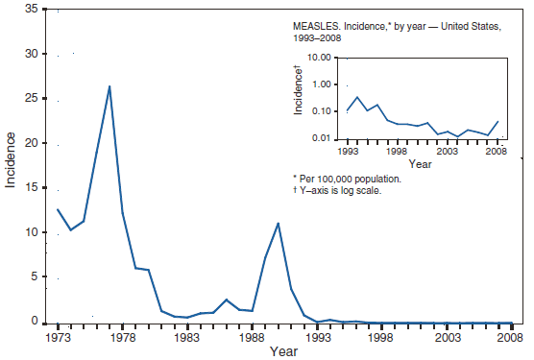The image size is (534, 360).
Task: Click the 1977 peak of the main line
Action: tap(109, 86)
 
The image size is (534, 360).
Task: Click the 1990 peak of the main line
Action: tap(279, 224)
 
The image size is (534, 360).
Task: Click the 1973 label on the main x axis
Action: tap(58, 338)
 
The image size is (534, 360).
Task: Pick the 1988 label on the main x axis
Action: tap(252, 338)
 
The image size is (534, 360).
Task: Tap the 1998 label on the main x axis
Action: tap(381, 338)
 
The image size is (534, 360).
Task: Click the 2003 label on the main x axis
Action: tap(446, 338)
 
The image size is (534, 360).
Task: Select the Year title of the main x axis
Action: tap(283, 352)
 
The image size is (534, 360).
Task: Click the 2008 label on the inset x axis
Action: tap(497, 151)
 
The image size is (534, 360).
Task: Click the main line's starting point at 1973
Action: tap(58, 209)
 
